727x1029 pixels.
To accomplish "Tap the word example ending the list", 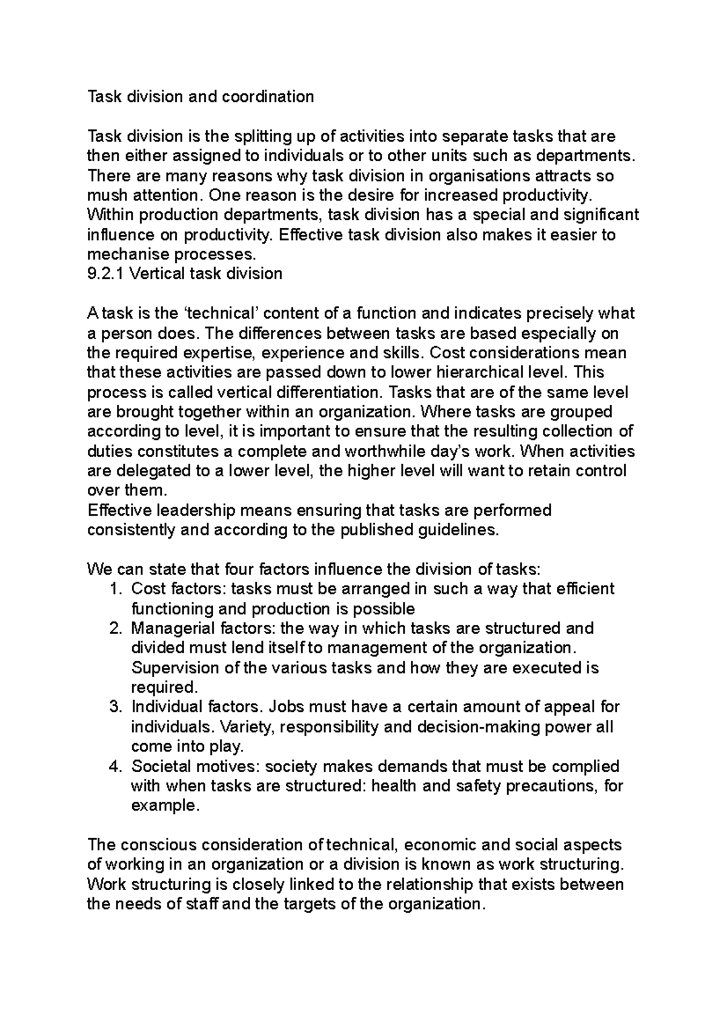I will click(x=163, y=807).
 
